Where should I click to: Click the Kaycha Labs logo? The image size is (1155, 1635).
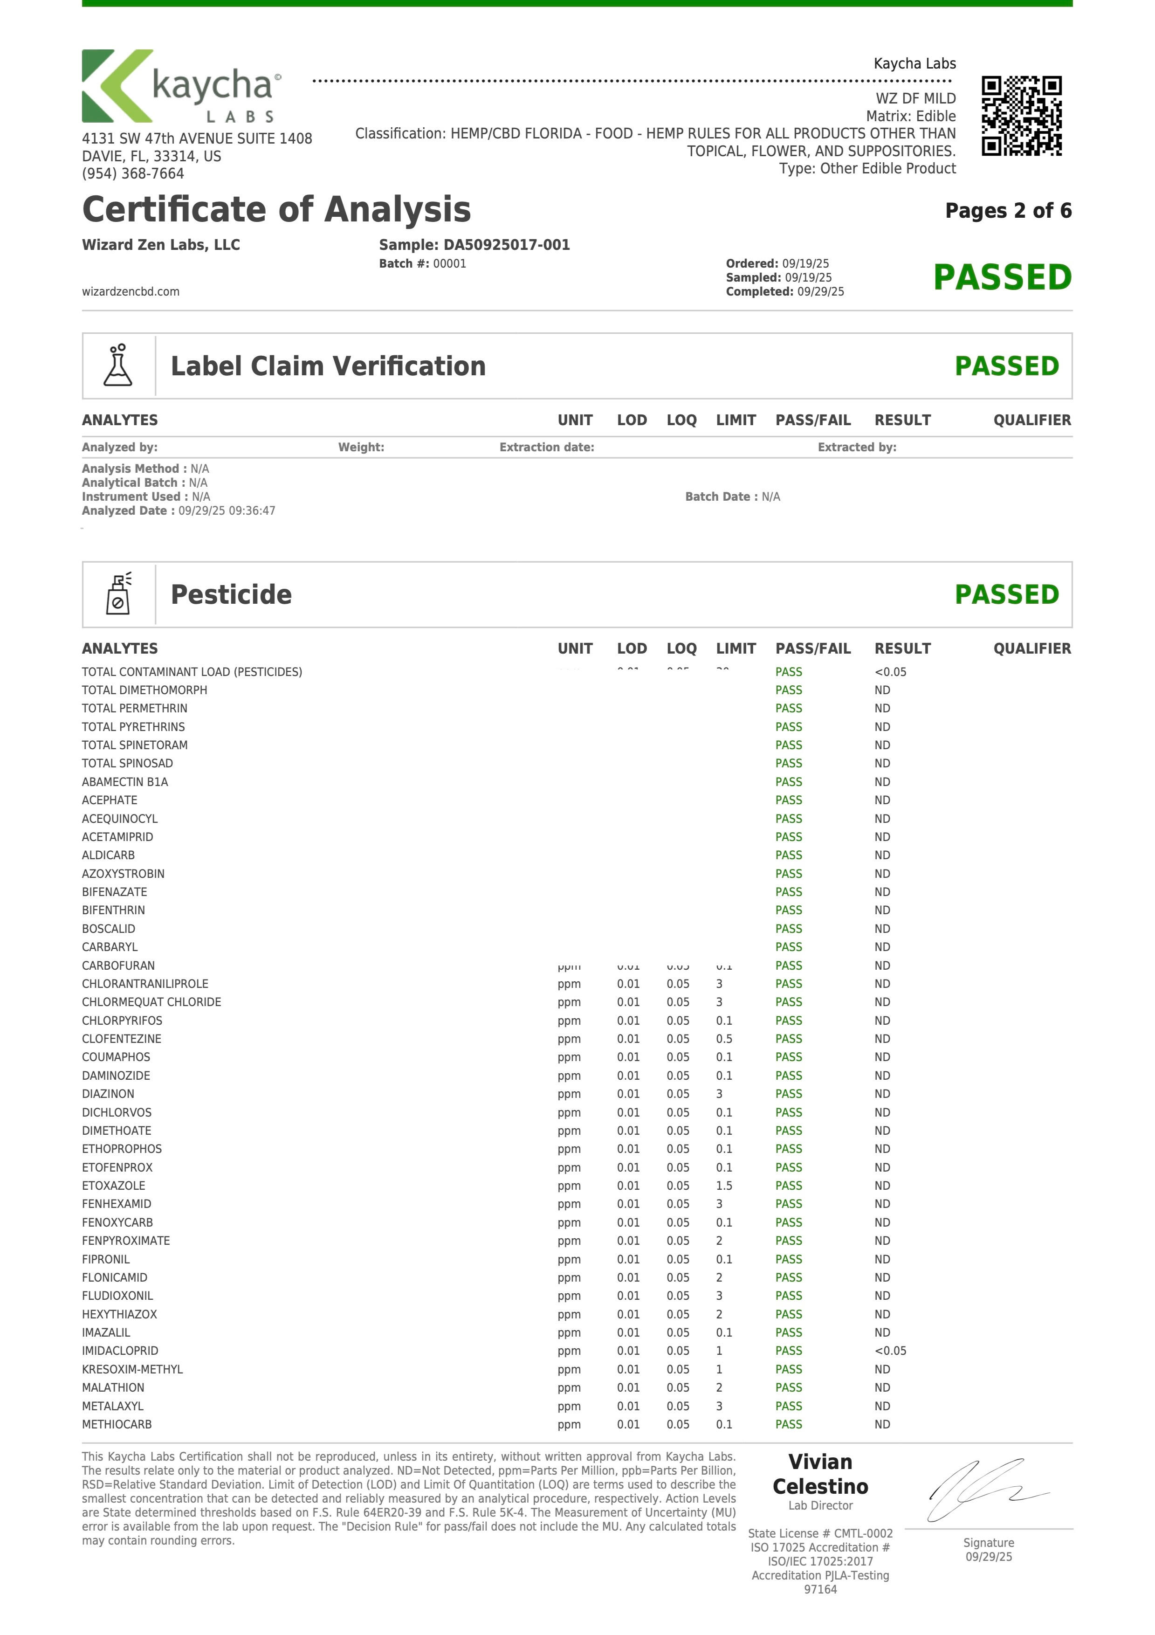(182, 86)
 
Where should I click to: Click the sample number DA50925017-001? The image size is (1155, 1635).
(506, 245)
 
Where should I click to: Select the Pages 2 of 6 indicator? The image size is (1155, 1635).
(1008, 211)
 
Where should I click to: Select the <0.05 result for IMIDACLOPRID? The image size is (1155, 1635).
(890, 1351)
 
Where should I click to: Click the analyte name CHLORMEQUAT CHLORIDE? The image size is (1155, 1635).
(151, 1002)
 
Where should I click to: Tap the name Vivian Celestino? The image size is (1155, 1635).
(820, 1474)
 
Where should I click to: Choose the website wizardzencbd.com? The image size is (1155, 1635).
(131, 291)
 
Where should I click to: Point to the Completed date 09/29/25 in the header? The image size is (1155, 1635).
(820, 291)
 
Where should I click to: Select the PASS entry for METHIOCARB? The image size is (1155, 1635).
(788, 1424)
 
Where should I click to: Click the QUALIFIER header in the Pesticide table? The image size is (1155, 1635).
(1032, 648)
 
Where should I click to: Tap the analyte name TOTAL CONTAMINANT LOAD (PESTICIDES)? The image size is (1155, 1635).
(192, 671)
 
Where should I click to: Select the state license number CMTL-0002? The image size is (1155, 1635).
(863, 1533)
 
